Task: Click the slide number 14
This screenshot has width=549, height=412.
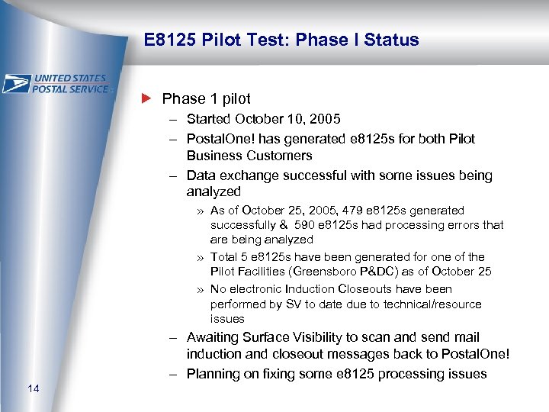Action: (33, 390)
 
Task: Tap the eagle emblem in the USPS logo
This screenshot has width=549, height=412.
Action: (17, 83)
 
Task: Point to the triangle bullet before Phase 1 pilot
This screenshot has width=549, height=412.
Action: (147, 98)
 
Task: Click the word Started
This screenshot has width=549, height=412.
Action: (210, 119)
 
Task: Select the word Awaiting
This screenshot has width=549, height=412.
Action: (213, 337)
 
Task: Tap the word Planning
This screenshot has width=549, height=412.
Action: (213, 374)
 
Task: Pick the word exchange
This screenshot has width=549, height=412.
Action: (248, 175)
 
